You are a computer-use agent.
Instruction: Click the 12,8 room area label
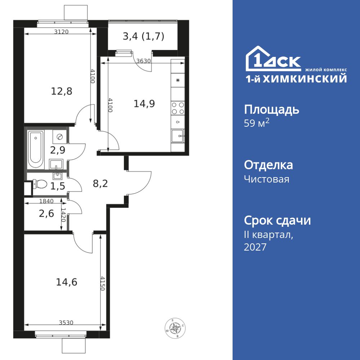[61, 91]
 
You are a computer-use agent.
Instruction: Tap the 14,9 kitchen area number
[144, 104]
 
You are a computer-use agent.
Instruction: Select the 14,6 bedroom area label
[67, 282]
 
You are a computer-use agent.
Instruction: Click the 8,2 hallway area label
[100, 184]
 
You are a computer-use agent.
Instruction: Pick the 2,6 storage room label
[46, 213]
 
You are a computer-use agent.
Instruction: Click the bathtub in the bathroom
[36, 149]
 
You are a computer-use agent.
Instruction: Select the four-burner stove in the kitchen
[178, 108]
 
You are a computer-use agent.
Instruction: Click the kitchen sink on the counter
[178, 136]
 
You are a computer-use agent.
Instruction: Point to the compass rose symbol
[175, 329]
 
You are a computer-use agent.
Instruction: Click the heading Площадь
[271, 110]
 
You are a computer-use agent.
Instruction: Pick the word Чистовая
[266, 179]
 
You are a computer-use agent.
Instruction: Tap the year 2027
[255, 247]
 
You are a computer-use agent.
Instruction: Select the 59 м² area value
[256, 123]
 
